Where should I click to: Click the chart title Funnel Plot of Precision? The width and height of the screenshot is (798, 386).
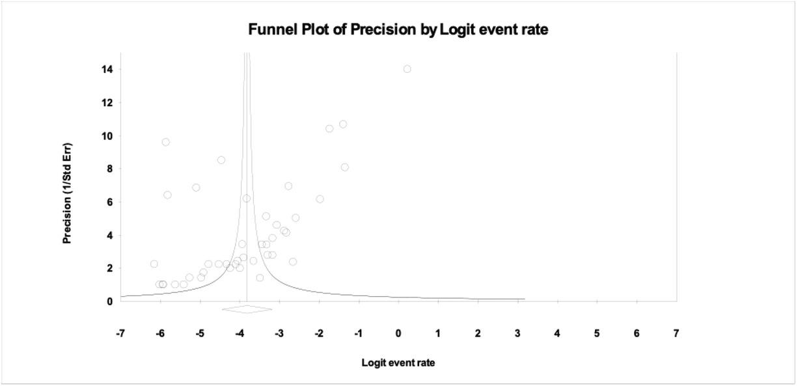coord(398,29)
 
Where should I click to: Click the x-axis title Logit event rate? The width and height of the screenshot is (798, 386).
coord(398,363)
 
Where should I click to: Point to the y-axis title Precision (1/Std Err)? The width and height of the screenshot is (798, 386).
coord(67,193)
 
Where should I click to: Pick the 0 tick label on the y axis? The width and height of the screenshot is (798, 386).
coord(109,301)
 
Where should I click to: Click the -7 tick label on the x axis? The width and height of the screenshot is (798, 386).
coord(120,333)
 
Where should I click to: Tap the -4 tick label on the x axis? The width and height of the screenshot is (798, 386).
coord(240,333)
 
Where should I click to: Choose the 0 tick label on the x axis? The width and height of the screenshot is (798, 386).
coord(398,333)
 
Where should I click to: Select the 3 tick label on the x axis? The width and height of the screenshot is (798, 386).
coord(517,333)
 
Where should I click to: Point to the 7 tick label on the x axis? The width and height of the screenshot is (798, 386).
coord(676,333)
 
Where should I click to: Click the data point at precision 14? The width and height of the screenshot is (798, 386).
coord(407,69)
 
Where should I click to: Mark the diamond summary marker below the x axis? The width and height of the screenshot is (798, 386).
coord(247,309)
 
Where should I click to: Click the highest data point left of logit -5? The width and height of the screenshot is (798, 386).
coord(166,142)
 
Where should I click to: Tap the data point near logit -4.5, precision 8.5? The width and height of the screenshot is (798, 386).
coord(221,160)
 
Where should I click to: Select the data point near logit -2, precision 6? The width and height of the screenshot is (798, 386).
coord(320,199)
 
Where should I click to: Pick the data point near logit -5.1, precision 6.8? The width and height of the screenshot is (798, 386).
coord(196,187)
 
